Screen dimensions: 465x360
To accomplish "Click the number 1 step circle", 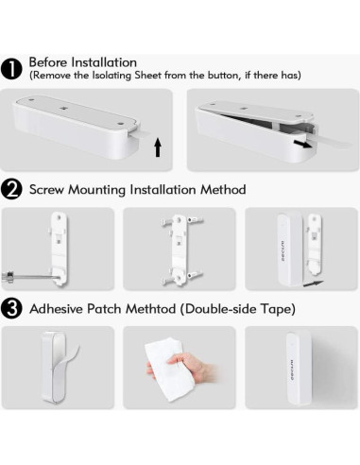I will pyautogui.click(x=13, y=67).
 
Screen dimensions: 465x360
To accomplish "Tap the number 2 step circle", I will pyautogui.click(x=13, y=189).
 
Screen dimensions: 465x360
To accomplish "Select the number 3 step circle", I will pyautogui.click(x=13, y=308).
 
